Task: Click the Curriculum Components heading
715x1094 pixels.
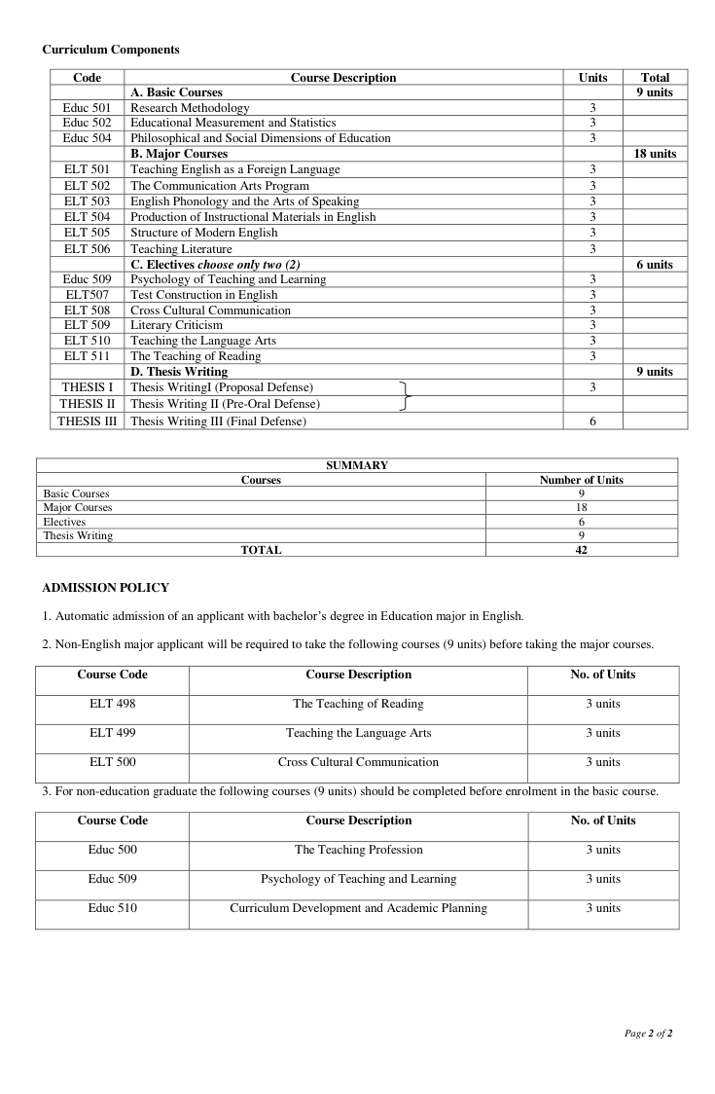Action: coord(111,49)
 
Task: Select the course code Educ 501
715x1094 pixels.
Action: coord(88,108)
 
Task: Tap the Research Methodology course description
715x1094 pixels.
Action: coord(190,108)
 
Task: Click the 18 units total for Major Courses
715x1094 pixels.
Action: coord(655,154)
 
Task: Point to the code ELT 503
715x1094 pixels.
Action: coord(88,201)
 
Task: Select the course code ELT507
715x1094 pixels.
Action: coord(88,295)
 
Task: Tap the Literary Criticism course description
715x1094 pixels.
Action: coord(176,325)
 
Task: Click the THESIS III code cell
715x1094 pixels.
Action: coord(88,421)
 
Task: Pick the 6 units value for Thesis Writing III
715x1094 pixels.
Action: coord(592,421)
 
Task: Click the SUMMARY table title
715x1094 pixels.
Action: coord(357,465)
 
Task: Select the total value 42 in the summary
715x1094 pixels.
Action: coord(581,550)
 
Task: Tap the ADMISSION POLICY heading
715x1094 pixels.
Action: coord(106,588)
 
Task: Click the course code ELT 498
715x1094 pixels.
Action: coord(113,704)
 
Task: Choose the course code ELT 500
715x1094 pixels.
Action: coord(113,762)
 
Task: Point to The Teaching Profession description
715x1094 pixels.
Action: coord(359,850)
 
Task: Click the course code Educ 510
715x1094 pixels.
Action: coord(113,908)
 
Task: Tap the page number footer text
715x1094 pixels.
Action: coord(648,1034)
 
